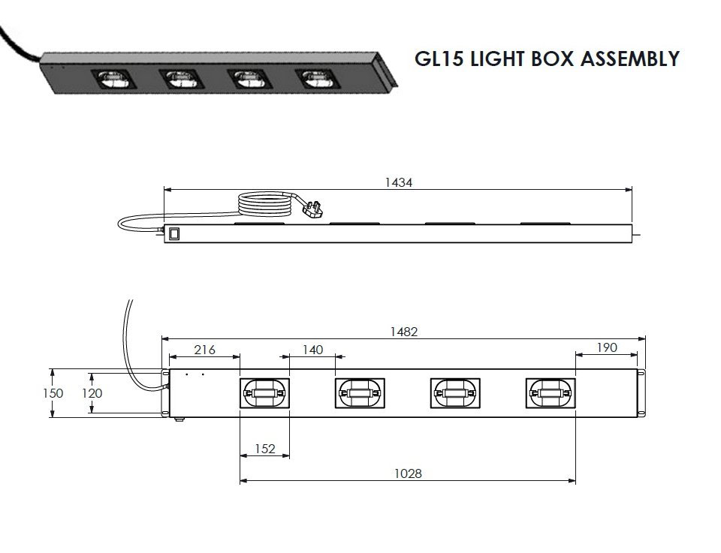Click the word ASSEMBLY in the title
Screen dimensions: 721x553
[x=629, y=59]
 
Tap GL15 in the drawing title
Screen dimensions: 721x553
[x=439, y=59]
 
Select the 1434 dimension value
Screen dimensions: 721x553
[x=399, y=182]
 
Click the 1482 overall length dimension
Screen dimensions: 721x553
[x=404, y=332]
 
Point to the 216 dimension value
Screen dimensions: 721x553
[x=204, y=350]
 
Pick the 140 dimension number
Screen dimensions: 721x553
[x=312, y=350]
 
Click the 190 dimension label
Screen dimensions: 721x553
[x=607, y=347]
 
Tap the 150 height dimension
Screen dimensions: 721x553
[x=53, y=393]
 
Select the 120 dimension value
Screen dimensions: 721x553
[x=92, y=393]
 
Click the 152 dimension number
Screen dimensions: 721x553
[x=265, y=449]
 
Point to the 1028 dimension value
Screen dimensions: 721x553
[x=408, y=473]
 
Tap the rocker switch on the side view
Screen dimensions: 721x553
[x=173, y=234]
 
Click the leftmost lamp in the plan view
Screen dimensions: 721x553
[x=265, y=393]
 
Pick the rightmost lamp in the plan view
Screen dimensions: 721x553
[x=551, y=393]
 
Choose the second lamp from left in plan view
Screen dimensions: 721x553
[x=360, y=393]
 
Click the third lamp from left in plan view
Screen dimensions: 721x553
[x=455, y=393]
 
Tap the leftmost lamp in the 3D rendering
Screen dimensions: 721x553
[x=113, y=80]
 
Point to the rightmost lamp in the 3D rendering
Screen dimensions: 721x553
[x=318, y=79]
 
